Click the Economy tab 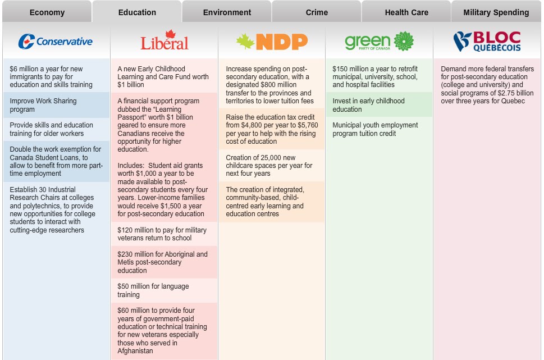[x=47, y=12]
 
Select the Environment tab [x=227, y=12]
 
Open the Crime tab [x=317, y=12]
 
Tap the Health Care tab [x=406, y=12]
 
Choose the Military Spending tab [x=496, y=12]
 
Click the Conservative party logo [x=55, y=42]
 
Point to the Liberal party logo [x=164, y=42]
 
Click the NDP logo [x=272, y=42]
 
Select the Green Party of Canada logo [x=379, y=42]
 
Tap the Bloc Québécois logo [x=487, y=42]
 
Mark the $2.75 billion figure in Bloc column [x=511, y=93]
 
